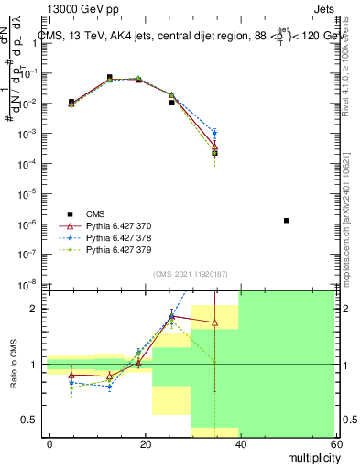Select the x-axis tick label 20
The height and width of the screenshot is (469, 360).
point(146,444)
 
